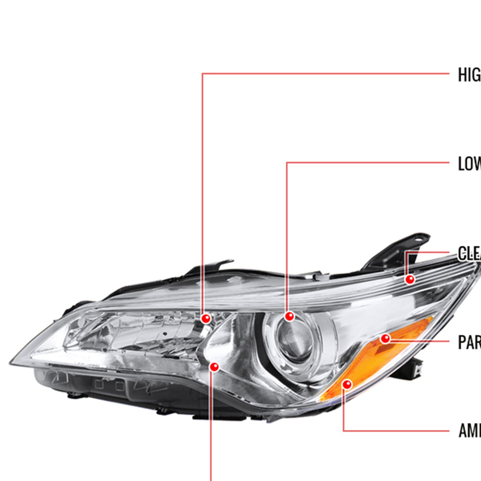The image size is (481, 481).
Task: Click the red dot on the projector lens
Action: pos(289,316)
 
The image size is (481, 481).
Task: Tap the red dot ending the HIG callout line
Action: pos(206,318)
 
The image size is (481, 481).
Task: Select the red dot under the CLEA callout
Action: pos(409,279)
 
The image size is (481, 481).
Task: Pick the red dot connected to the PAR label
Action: pos(385,339)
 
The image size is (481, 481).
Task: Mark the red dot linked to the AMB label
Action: pos(347,384)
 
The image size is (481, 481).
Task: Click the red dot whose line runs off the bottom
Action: pos(214,367)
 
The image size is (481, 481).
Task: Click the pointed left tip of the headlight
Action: pos(11,363)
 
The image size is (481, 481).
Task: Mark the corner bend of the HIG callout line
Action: pos(202,74)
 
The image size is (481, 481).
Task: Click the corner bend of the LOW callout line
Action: pos(287,163)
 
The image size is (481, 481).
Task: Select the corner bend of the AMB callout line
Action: pos(344,431)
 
